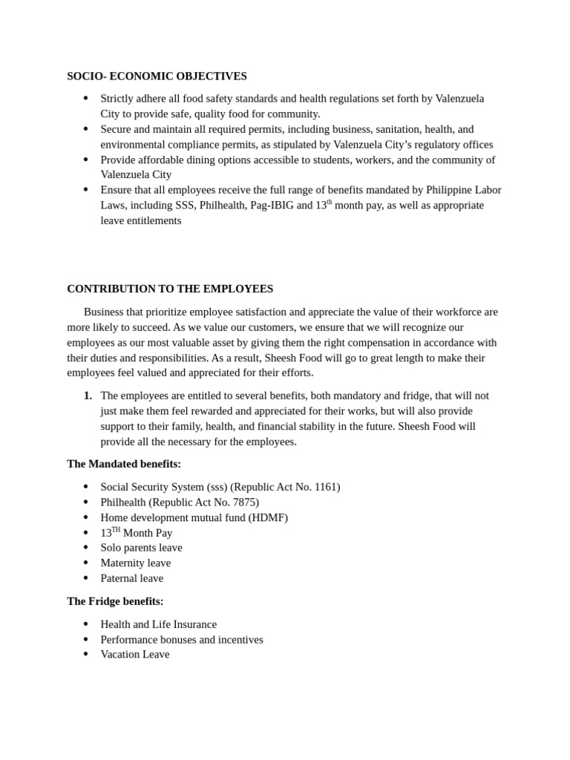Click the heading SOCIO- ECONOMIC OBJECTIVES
(x=157, y=76)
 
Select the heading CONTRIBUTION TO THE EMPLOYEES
(x=170, y=289)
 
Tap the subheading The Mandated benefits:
(x=124, y=464)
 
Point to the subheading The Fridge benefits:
(x=115, y=601)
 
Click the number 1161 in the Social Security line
(x=325, y=487)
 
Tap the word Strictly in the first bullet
(x=119, y=99)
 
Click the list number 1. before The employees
(x=88, y=396)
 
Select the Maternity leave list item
(x=135, y=563)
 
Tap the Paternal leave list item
(x=131, y=578)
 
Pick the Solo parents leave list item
(x=141, y=548)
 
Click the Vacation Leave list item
(x=134, y=655)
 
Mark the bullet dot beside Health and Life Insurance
(x=85, y=624)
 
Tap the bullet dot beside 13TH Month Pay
(x=85, y=533)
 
